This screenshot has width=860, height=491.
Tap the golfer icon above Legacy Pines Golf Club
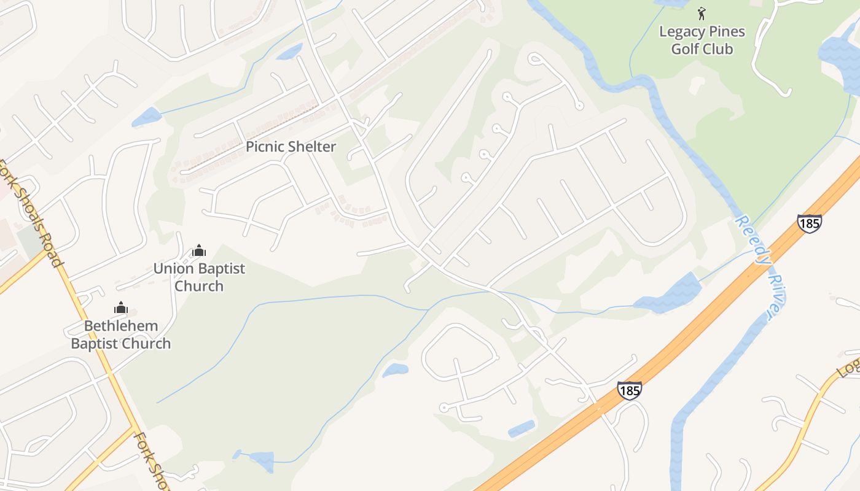(x=702, y=13)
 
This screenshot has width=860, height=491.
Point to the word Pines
(x=726, y=31)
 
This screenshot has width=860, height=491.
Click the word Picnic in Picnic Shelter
(x=266, y=147)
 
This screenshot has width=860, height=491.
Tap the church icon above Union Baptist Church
(x=198, y=250)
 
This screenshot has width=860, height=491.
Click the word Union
(x=172, y=268)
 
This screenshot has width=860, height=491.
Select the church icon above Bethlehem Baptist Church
(x=121, y=307)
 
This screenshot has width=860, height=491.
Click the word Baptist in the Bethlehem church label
(x=95, y=344)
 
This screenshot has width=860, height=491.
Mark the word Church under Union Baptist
(x=199, y=286)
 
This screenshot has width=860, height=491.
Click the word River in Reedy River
(x=775, y=296)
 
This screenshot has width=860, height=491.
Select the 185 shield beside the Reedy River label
(x=809, y=223)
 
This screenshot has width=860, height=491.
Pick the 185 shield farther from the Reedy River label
(x=630, y=390)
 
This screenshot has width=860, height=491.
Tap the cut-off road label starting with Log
(x=850, y=367)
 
